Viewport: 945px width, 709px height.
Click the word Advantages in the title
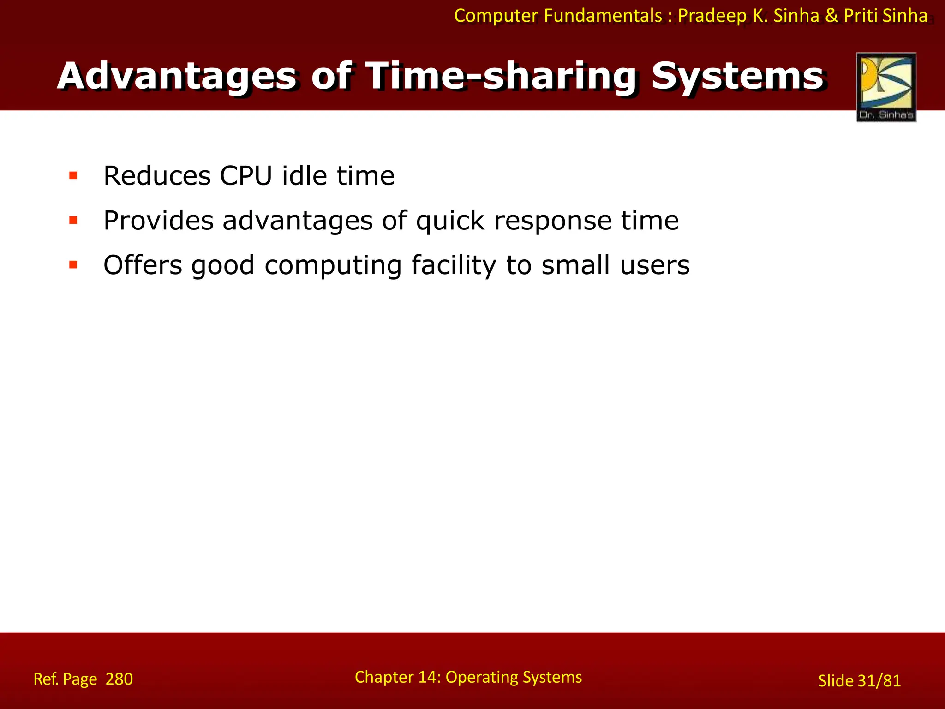point(178,76)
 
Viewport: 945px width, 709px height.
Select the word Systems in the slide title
point(737,76)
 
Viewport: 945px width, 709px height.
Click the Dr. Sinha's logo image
point(886,87)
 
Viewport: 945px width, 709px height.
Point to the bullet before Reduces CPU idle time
point(73,175)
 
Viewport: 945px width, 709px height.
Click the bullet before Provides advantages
point(73,220)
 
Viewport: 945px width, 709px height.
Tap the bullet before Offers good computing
point(73,265)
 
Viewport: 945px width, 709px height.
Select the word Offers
point(143,265)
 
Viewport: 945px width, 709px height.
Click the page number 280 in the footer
point(119,679)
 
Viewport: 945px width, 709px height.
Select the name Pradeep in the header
point(712,16)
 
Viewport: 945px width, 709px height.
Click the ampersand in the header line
point(831,16)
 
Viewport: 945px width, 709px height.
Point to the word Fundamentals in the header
point(603,16)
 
